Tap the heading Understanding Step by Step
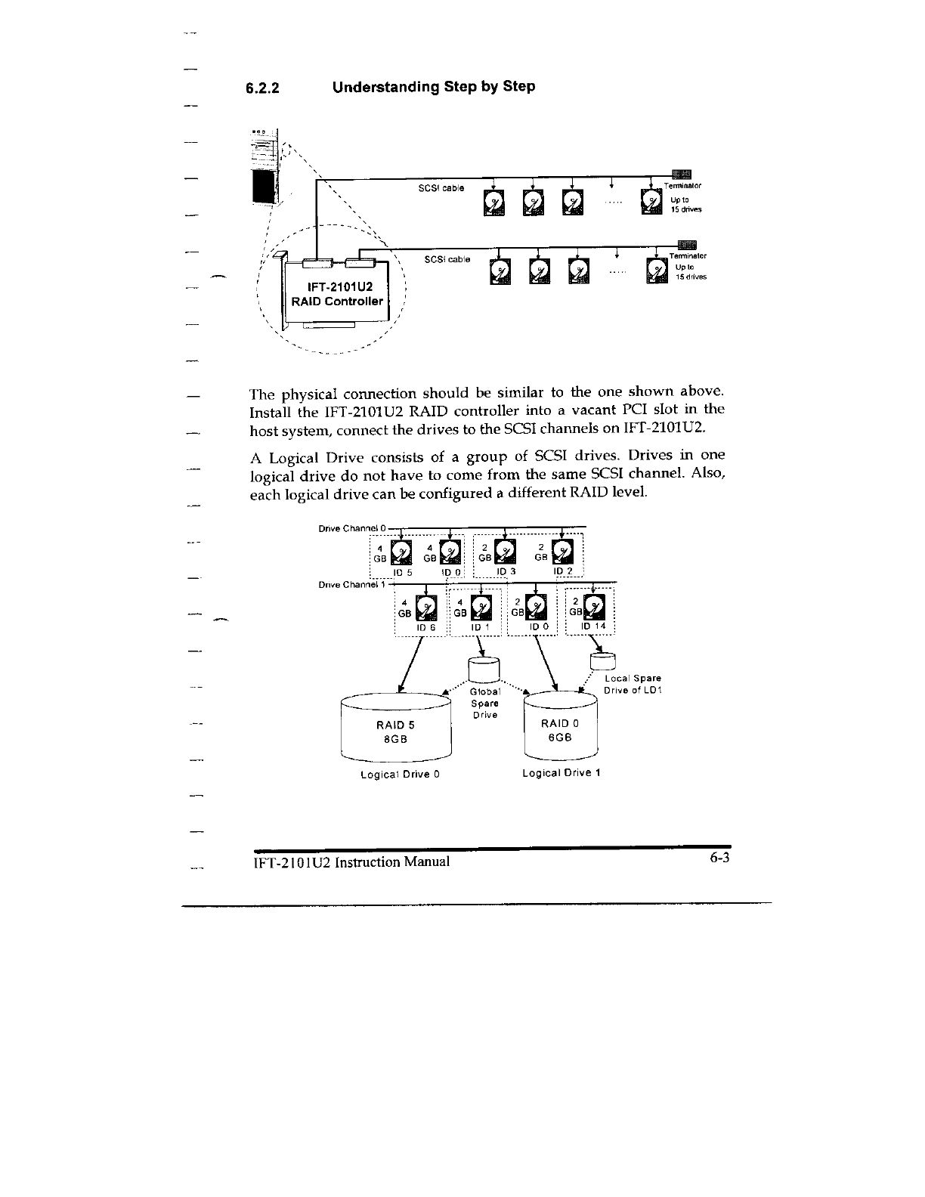[x=434, y=86]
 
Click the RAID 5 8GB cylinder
[x=396, y=728]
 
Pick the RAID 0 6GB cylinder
[x=560, y=728]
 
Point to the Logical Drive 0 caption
[x=401, y=775]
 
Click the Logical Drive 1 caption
[x=561, y=774]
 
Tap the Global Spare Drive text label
[x=484, y=703]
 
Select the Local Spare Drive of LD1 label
[x=633, y=685]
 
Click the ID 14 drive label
[x=593, y=626]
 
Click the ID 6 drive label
[x=426, y=627]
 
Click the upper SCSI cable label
[x=441, y=187]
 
